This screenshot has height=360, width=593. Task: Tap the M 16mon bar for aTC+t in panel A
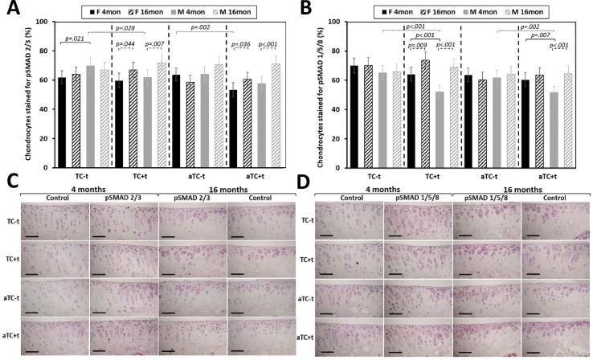[277, 113]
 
